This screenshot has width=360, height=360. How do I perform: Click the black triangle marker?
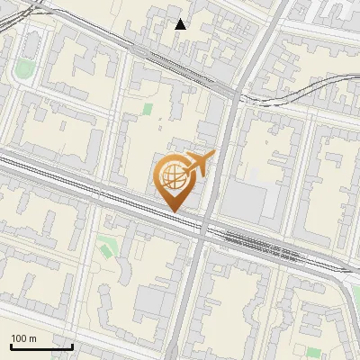tap(181, 24)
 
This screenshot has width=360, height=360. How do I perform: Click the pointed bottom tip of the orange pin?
tap(175, 211)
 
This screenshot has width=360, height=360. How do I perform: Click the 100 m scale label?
tap(23, 338)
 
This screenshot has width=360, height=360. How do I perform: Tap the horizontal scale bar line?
tap(41, 346)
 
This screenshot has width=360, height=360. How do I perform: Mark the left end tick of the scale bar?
tap(11, 345)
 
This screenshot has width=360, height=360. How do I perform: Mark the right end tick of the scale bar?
tap(72, 345)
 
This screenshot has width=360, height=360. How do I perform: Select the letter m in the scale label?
tap(32, 338)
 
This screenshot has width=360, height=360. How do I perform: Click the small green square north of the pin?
tap(148, 110)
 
